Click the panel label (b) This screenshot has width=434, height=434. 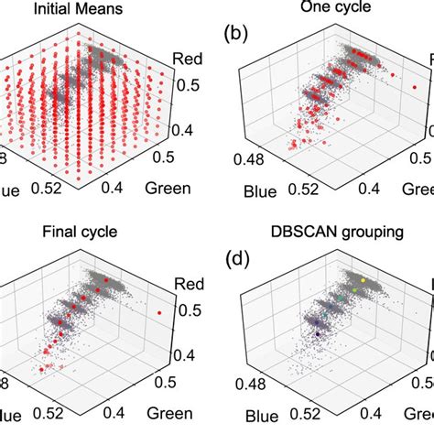[240, 38]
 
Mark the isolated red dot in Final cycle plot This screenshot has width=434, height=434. [160, 312]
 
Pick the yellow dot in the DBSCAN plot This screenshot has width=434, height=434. [363, 280]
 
